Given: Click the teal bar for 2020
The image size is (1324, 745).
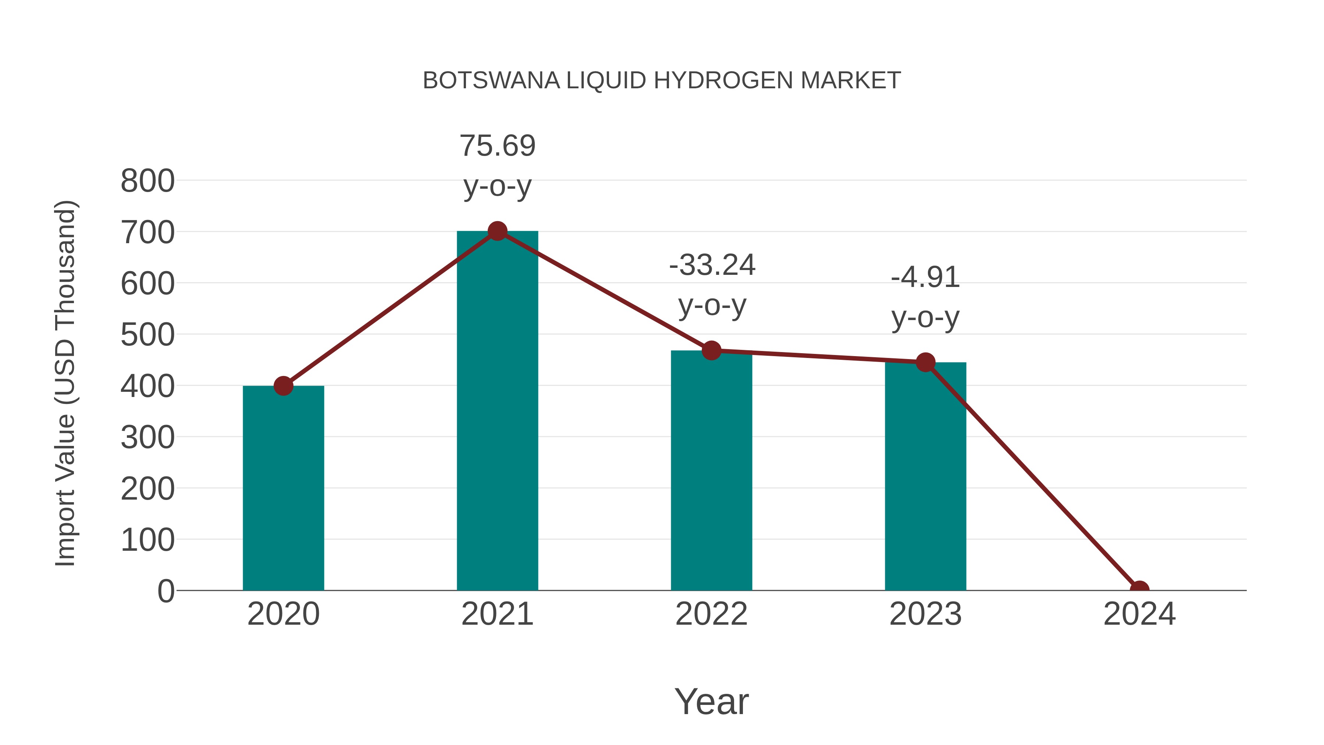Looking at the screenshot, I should (x=283, y=489).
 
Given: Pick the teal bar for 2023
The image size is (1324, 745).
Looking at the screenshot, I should (x=925, y=476).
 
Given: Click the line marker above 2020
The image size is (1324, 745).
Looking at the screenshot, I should (x=283, y=386).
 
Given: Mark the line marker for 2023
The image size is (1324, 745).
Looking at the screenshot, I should (x=925, y=362).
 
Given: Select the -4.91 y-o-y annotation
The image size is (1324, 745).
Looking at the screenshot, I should (x=925, y=297).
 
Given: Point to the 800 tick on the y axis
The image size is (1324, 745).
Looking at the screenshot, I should (x=147, y=181).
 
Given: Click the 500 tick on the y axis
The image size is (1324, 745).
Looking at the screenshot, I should (x=147, y=335).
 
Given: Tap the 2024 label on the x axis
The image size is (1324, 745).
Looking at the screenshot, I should (x=1139, y=614).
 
